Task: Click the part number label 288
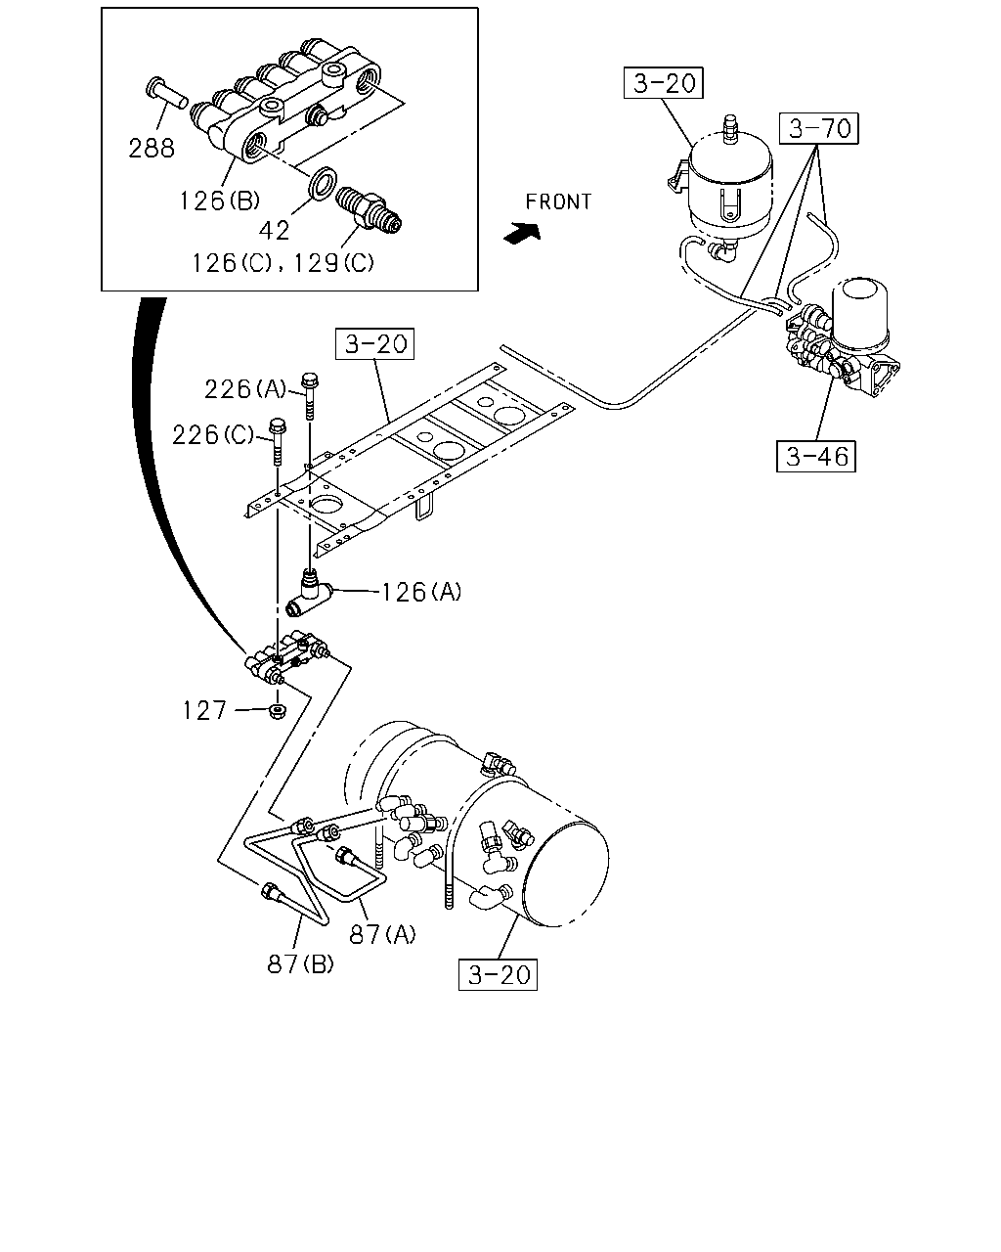(152, 149)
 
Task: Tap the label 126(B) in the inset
(219, 201)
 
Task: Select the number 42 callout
(274, 231)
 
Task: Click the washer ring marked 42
(323, 183)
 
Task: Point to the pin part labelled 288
(166, 93)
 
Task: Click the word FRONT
(558, 201)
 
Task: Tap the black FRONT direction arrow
(522, 234)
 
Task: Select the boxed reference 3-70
(819, 128)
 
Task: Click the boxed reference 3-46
(816, 457)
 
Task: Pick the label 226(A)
(245, 389)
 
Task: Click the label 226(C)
(213, 435)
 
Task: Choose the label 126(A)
(421, 593)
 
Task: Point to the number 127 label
(204, 711)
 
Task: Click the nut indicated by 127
(278, 711)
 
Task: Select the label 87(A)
(383, 935)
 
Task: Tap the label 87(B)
(301, 964)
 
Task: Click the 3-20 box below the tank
(498, 974)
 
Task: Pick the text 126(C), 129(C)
(283, 263)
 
